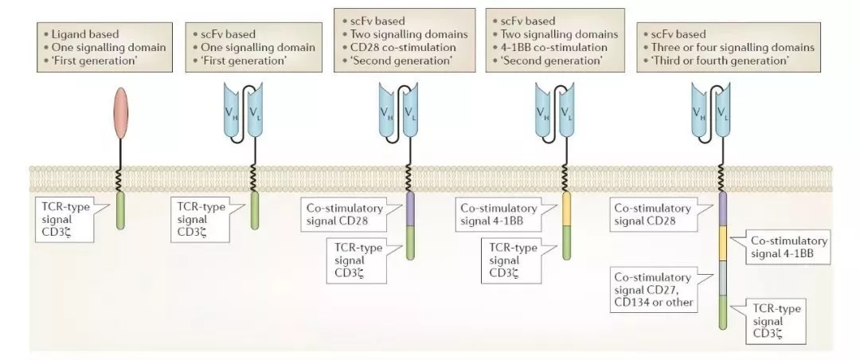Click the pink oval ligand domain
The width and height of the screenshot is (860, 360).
(121, 113)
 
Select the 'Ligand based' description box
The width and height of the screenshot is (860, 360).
(104, 47)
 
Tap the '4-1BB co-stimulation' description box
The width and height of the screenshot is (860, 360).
(555, 40)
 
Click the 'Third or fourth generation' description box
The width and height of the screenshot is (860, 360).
(729, 47)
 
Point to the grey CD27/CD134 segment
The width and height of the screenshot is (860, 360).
(723, 278)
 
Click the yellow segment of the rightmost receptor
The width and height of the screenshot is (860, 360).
(723, 243)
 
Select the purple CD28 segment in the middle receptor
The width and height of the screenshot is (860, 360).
(410, 209)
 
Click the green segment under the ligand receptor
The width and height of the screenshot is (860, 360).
(121, 210)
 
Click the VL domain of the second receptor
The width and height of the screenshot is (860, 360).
(255, 112)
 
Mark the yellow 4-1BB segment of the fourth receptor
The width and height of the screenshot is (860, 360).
(567, 209)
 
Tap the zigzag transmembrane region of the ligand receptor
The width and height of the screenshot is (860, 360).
(121, 178)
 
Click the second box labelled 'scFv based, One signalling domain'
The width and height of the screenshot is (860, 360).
(254, 47)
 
